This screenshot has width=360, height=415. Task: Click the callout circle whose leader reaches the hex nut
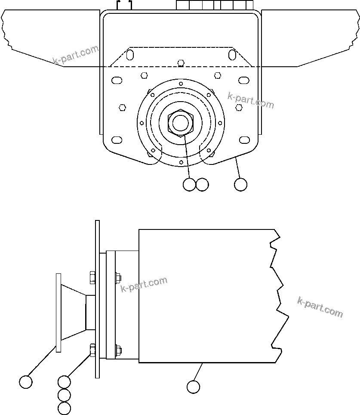pos(189,185)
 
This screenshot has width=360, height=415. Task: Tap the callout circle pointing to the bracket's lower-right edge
pos(240,185)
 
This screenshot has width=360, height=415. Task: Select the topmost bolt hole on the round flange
pos(181,84)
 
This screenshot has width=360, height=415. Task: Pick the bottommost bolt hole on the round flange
pos(181,162)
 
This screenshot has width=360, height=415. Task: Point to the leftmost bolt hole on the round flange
pos(142,123)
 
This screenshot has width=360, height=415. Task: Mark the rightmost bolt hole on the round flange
pos(220,123)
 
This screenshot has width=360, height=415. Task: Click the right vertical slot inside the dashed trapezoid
pos(232,55)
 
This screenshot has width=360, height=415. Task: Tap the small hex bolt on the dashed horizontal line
pos(181,63)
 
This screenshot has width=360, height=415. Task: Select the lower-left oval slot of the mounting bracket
pos(117,140)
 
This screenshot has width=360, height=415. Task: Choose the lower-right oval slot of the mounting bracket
pos(244,140)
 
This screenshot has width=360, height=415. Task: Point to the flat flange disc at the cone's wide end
pos(58,312)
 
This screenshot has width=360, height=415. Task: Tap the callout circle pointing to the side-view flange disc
pos(26,381)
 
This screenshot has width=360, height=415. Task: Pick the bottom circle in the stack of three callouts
pos(64,408)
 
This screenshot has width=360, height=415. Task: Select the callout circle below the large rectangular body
pos(194,387)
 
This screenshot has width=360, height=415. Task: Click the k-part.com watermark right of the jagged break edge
pos(320,307)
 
